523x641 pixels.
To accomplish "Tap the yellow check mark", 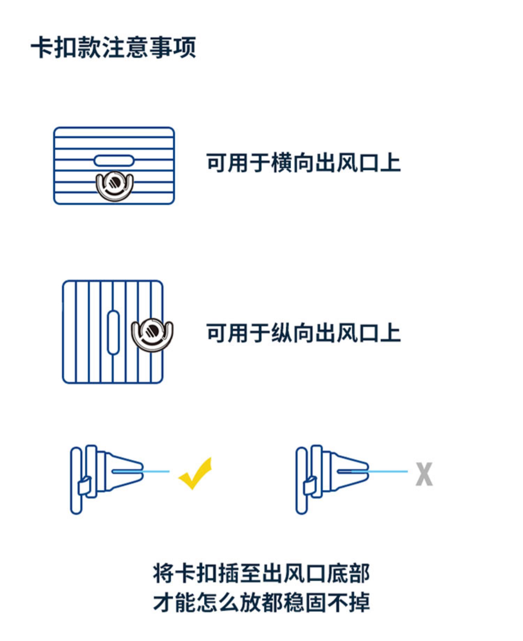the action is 195,474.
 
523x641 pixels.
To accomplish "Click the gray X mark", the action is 424,474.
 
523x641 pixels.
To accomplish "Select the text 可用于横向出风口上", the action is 303,163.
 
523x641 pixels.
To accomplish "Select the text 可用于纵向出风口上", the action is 303,333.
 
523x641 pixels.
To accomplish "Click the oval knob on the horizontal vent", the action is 114,161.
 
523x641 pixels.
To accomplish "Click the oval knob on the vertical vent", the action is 113,332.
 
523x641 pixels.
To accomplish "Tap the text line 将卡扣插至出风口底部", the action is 261,574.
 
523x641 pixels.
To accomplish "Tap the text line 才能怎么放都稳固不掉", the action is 261,602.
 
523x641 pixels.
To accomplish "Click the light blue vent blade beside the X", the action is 387,472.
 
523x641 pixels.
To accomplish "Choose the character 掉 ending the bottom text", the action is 359,602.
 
